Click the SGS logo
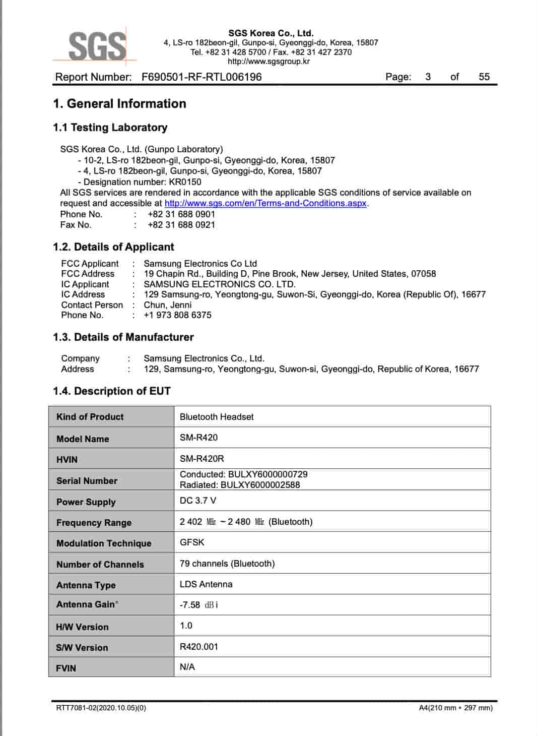pyautogui.click(x=96, y=46)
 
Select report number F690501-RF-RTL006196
pyautogui.click(x=202, y=77)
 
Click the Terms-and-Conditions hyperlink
pyautogui.click(x=265, y=203)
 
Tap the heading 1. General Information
pyautogui.click(x=119, y=104)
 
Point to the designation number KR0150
pyautogui.click(x=185, y=182)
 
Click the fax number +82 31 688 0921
pyautogui.click(x=181, y=225)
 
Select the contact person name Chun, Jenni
pyautogui.click(x=167, y=305)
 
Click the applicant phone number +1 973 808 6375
pyautogui.click(x=177, y=315)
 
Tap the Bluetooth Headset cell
pyautogui.click(x=217, y=417)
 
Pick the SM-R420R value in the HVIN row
pyautogui.click(x=202, y=459)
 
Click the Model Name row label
pyautogui.click(x=83, y=439)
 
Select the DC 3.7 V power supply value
pyautogui.click(x=198, y=501)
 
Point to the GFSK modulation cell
pyautogui.click(x=192, y=542)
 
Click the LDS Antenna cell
pyautogui.click(x=206, y=584)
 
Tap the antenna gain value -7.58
pyautogui.click(x=190, y=605)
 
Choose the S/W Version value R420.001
pyautogui.click(x=199, y=647)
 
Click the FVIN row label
pyautogui.click(x=66, y=668)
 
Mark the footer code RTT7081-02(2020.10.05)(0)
pyautogui.click(x=101, y=708)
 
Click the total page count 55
pyautogui.click(x=484, y=77)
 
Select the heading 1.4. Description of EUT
pyautogui.click(x=112, y=391)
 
